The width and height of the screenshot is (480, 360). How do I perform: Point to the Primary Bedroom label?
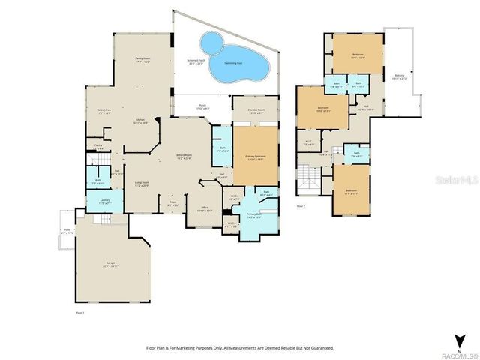click(x=256, y=158)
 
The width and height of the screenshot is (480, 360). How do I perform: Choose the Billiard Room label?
click(x=184, y=157)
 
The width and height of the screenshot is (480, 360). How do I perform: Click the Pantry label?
click(x=98, y=147)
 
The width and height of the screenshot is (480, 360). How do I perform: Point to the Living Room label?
click(x=141, y=184)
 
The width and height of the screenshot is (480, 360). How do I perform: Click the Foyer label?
click(x=172, y=203)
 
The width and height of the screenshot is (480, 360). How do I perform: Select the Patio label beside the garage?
click(x=67, y=232)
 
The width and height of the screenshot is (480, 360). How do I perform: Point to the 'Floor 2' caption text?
click(x=301, y=205)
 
